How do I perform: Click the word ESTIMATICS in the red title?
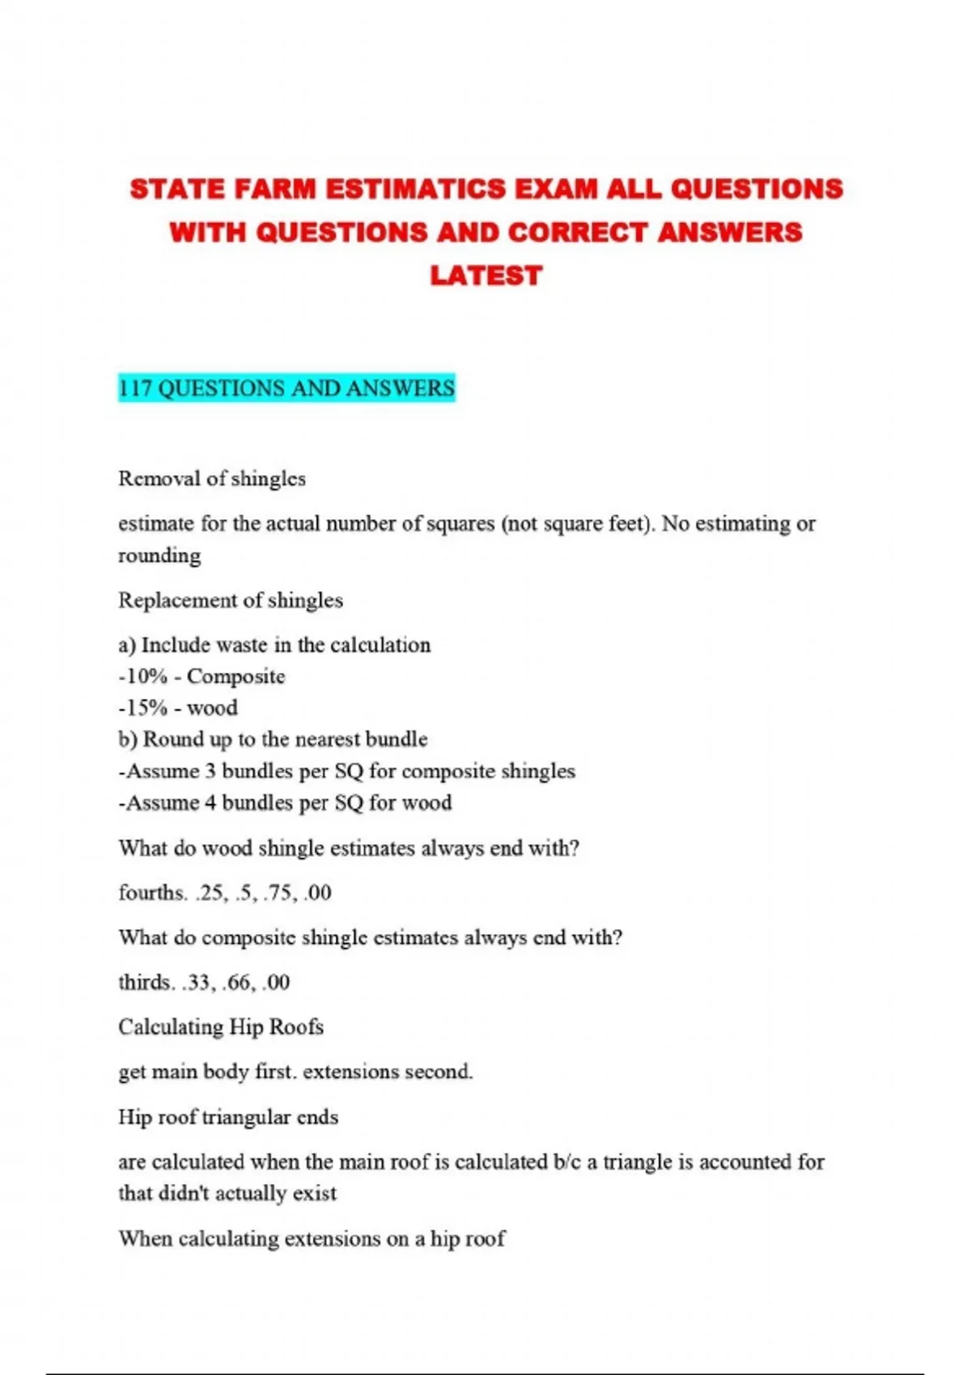pos(415,189)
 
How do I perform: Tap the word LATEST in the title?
pos(485,276)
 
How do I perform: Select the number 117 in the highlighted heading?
pos(135,388)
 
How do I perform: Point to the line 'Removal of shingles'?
pos(212,479)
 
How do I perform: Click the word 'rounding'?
pos(159,556)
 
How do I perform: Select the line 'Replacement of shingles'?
pos(231,600)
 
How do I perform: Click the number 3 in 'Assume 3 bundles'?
pos(210,771)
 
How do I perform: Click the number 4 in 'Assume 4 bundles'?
pos(210,802)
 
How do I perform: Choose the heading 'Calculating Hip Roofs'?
pos(221,1027)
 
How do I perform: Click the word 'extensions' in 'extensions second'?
pos(350,1072)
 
